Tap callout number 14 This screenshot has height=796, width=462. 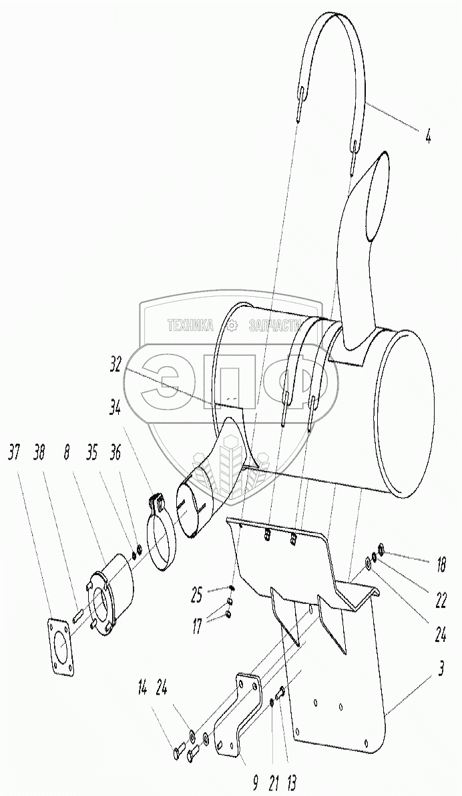click(143, 685)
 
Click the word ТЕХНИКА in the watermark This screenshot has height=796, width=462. click(191, 326)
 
